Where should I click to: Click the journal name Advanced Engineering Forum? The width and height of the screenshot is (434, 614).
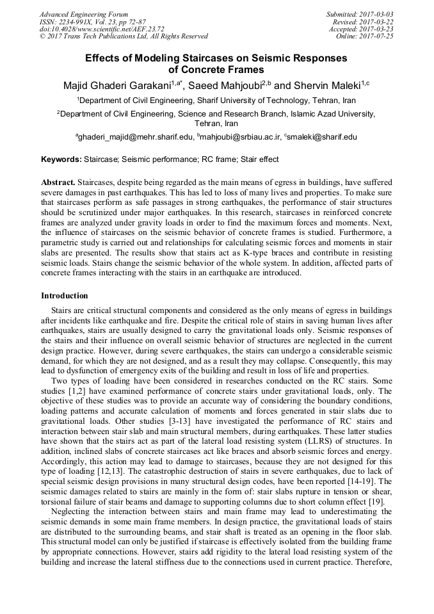84,14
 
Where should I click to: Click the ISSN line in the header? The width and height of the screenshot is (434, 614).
92,22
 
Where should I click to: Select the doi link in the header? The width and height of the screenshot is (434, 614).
102,29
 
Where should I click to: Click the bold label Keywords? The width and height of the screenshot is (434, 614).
63,159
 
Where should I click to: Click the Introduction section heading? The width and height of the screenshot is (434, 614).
65,296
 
